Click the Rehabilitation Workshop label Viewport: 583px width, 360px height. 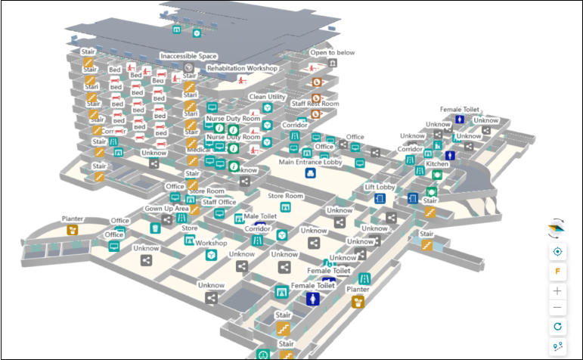click(x=242, y=68)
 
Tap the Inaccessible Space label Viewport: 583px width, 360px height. click(x=188, y=56)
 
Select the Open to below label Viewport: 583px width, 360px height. click(x=332, y=53)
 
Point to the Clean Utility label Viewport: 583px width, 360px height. click(x=267, y=97)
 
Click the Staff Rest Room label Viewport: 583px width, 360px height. click(x=315, y=104)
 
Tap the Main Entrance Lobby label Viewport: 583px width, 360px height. click(x=309, y=161)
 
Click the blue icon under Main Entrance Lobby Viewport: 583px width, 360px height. click(x=309, y=173)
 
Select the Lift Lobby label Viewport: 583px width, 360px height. click(x=380, y=187)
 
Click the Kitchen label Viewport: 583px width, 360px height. click(x=436, y=164)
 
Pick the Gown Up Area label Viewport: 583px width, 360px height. click(x=166, y=208)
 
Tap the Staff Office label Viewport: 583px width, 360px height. click(x=220, y=202)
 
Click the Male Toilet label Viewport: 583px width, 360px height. click(x=261, y=217)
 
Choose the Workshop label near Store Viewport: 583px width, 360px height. click(x=211, y=243)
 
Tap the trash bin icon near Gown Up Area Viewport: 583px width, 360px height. click(x=155, y=228)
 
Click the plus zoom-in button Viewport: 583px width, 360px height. click(x=558, y=290)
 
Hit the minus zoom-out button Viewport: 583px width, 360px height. click(x=558, y=307)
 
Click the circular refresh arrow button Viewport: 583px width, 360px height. click(x=558, y=327)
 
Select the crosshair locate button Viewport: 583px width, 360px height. click(x=558, y=251)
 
